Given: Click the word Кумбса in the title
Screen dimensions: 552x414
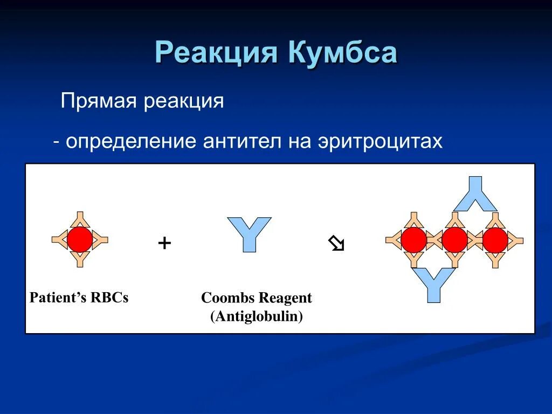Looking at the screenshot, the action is tap(343, 52).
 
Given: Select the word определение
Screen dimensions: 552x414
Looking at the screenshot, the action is tap(130, 142).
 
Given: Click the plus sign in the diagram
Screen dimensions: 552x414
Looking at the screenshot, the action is tap(164, 243).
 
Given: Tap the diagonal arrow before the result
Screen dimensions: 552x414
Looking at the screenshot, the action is tap(336, 243).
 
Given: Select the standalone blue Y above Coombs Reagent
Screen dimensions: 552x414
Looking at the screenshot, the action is tap(249, 234).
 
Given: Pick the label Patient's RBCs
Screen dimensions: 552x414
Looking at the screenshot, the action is tap(79, 298).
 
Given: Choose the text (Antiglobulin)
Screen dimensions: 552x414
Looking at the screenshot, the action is tap(257, 316).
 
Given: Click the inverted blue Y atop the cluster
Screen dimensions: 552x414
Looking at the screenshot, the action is tap(475, 194).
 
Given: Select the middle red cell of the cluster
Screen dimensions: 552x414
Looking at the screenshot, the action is tap(454, 240).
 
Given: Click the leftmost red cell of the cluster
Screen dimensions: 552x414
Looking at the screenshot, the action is tap(413, 240).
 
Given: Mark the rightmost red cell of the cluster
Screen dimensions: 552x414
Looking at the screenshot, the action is tap(495, 240).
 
